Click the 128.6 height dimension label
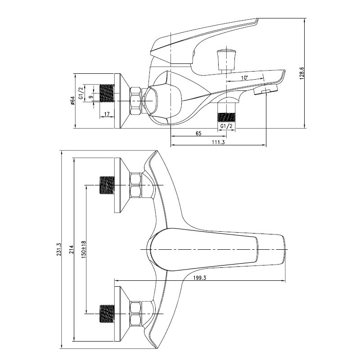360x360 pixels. (x=301, y=73)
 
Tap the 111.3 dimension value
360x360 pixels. (x=218, y=142)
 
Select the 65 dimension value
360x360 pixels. (x=198, y=133)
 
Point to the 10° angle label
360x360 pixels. (x=244, y=78)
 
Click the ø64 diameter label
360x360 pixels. (x=72, y=101)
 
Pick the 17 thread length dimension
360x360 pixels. (x=107, y=114)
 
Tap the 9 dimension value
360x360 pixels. (x=91, y=97)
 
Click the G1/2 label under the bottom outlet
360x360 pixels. (x=226, y=126)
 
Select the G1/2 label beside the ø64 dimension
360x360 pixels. (x=81, y=93)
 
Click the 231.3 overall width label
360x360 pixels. (x=58, y=249)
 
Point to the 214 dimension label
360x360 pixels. (x=71, y=249)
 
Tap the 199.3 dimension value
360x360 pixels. (x=200, y=278)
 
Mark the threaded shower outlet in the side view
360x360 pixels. (x=226, y=117)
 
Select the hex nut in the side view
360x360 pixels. (x=136, y=101)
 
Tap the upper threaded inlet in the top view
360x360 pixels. (x=107, y=185)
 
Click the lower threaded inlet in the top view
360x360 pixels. (x=107, y=314)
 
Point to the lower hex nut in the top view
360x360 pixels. (x=136, y=314)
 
